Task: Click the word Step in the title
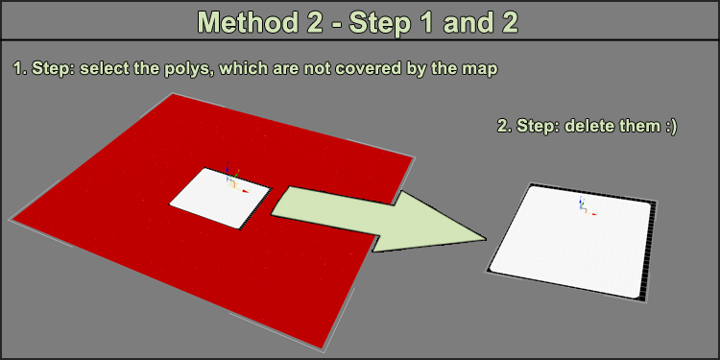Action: (x=378, y=22)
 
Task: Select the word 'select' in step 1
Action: (x=99, y=69)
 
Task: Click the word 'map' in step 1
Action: (x=480, y=70)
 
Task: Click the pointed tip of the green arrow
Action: (x=487, y=239)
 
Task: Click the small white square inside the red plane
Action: (x=221, y=198)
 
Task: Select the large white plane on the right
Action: (x=570, y=241)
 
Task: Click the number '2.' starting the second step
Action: (x=505, y=126)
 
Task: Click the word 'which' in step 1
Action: (x=242, y=69)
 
